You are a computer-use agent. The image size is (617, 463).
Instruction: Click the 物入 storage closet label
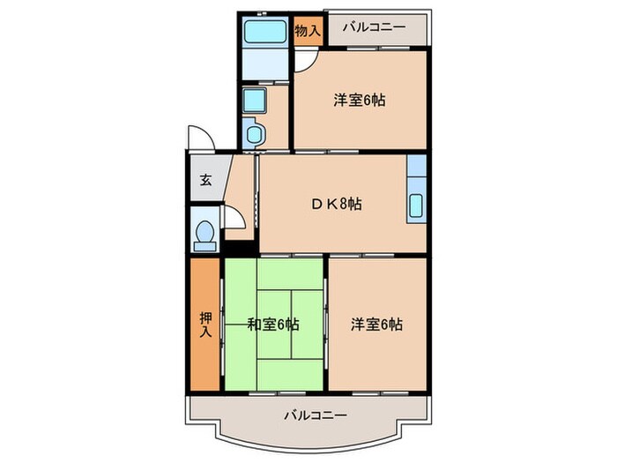[308, 30]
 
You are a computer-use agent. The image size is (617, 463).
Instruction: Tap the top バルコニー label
[375, 27]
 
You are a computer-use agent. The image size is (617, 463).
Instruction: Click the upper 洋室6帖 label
[359, 100]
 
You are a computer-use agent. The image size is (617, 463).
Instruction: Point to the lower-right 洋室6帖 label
[376, 324]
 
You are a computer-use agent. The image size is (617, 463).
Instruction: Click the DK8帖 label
[336, 204]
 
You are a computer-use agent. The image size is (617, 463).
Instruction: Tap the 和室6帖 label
[272, 325]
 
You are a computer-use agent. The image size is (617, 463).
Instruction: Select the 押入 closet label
[204, 324]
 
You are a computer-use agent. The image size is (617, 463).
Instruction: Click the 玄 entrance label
[205, 181]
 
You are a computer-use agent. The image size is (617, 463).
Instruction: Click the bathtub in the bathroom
[265, 33]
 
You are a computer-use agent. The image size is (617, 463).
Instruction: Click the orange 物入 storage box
[308, 31]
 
